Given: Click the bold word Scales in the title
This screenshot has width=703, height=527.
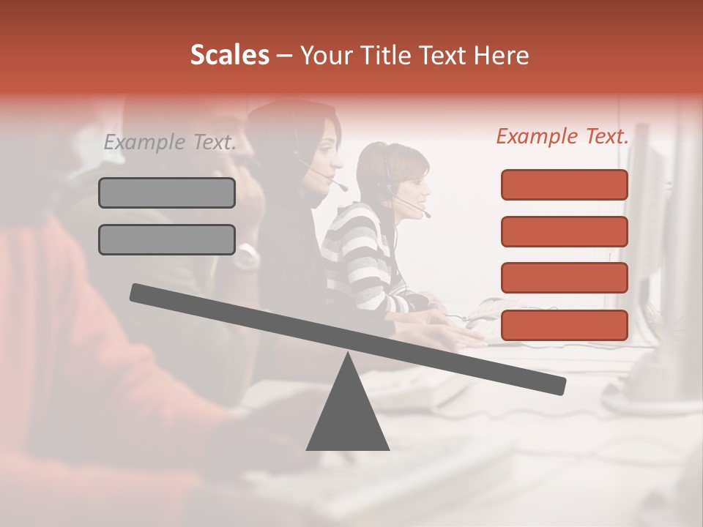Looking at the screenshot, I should pos(229,56).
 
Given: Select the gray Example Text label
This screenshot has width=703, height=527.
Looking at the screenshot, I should pos(170,142).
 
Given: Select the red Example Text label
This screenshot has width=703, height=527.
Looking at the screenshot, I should pos(562,136).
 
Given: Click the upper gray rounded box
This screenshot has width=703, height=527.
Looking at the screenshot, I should pos(167,193).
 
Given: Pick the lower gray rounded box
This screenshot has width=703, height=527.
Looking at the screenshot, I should pos(167,239).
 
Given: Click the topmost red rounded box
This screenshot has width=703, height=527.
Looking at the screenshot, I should pos(564,184).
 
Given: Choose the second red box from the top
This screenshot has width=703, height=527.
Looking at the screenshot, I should pos(564,231).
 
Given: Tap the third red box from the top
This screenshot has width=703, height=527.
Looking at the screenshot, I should pos(564,277).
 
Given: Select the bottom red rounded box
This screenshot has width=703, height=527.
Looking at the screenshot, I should pos(564,325).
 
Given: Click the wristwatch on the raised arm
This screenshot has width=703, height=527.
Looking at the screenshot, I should pos(248,255).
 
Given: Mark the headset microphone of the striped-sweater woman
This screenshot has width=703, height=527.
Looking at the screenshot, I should pos(426,215).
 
